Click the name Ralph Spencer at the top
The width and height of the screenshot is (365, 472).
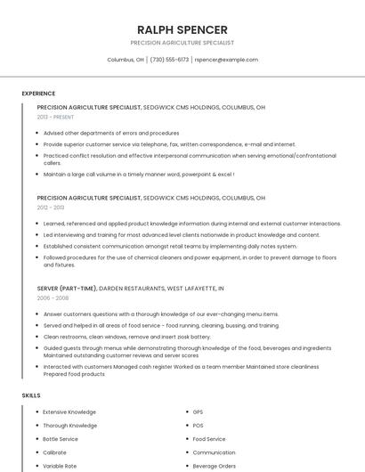pyautogui.click(x=182, y=29)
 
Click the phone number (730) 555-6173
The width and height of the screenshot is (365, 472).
pyautogui.click(x=169, y=60)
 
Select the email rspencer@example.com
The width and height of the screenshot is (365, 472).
pyautogui.click(x=226, y=60)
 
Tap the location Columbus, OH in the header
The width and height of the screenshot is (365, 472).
pyautogui.click(x=126, y=60)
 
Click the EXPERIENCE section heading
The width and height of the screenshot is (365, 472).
pyautogui.click(x=38, y=94)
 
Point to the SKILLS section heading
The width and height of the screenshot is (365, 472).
pyautogui.click(x=31, y=395)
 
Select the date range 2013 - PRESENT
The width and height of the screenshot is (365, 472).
pyautogui.click(x=55, y=117)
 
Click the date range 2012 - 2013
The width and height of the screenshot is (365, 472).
pyautogui.click(x=51, y=207)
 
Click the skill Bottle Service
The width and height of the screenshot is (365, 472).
pyautogui.click(x=61, y=439)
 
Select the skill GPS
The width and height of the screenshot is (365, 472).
pyautogui.click(x=198, y=412)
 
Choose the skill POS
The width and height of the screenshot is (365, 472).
pyautogui.click(x=198, y=426)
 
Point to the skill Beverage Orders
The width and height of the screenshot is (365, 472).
pyautogui.click(x=214, y=466)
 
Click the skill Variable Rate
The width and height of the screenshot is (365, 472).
pyautogui.click(x=60, y=466)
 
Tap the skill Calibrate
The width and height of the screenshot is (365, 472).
pyautogui.click(x=54, y=452)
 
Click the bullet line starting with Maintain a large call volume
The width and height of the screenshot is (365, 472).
pyautogui.click(x=138, y=175)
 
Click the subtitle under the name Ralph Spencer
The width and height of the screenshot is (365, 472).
pyautogui.click(x=182, y=43)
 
